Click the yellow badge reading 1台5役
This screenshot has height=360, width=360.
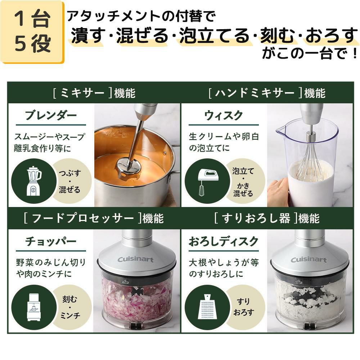(32, 32)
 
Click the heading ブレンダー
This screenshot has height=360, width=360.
(51, 115)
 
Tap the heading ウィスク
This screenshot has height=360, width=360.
(224, 115)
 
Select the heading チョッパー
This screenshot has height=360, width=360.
(51, 241)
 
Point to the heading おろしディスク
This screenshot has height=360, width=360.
(224, 241)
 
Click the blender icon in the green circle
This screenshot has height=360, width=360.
(34, 181)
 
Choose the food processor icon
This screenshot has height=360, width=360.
(34, 307)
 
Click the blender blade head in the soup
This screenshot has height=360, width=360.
(129, 167)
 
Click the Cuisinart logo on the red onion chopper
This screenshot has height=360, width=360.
(135, 260)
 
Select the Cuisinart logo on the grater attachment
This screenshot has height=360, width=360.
(309, 260)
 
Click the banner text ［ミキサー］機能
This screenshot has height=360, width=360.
(94, 93)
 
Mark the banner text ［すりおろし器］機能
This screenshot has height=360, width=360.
(267, 218)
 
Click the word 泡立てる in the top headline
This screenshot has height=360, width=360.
(215, 36)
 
